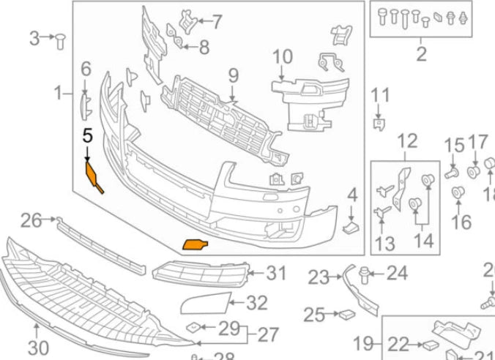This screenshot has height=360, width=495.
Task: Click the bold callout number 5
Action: click(x=88, y=135)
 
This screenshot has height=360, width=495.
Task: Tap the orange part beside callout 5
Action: click(x=94, y=176)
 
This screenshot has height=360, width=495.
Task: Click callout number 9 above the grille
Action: click(x=233, y=75)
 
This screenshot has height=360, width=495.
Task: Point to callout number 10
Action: click(x=282, y=56)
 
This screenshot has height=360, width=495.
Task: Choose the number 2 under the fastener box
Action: click(x=421, y=53)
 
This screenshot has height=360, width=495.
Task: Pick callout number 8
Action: click(x=203, y=48)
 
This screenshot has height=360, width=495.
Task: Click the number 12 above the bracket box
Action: click(x=406, y=141)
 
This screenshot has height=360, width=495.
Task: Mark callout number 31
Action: click(x=276, y=274)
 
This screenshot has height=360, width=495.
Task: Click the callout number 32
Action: click(x=257, y=301)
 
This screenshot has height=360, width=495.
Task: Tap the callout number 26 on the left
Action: click(x=31, y=219)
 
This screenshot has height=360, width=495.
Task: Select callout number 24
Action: click(x=396, y=274)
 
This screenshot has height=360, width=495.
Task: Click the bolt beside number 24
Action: click(x=368, y=274)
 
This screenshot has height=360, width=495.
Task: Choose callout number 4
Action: click(x=352, y=195)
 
